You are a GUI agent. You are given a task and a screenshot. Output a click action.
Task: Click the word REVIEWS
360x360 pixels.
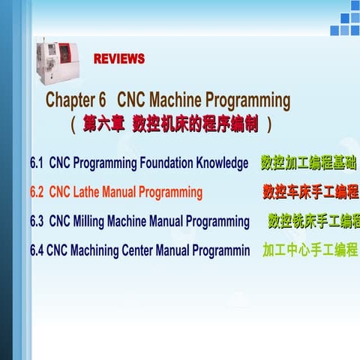119,58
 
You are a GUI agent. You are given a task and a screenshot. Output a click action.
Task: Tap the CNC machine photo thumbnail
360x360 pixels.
58,62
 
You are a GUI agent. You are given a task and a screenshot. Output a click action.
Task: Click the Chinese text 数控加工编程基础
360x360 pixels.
308,163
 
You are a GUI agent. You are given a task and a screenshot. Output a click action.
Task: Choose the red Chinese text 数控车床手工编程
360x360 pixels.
310,192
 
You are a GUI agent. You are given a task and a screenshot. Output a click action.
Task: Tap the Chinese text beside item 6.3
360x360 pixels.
313,221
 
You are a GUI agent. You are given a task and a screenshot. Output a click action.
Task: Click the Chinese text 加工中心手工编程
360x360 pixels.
310,250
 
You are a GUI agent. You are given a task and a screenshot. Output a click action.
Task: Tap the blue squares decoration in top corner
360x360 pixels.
344,20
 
